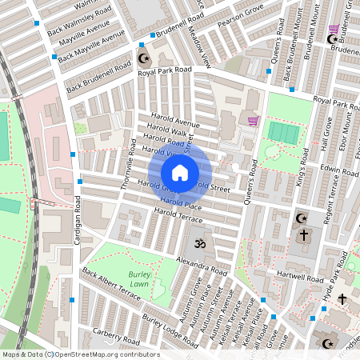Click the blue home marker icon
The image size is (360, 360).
click(x=180, y=172)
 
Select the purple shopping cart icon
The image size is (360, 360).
click(x=254, y=121)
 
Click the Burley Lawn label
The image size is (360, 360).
click(x=140, y=279)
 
